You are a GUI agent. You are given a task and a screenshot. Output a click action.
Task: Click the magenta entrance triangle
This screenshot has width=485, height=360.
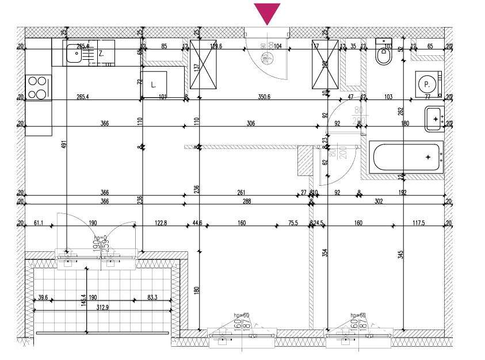267,13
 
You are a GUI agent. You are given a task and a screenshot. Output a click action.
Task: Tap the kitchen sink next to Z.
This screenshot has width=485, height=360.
74,54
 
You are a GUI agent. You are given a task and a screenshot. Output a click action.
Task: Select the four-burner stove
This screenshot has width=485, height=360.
37,88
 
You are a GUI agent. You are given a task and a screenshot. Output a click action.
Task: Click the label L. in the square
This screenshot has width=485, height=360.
154,84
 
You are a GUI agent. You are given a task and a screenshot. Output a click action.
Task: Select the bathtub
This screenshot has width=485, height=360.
407,157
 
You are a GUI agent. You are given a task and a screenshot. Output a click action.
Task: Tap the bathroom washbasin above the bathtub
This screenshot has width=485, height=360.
434,119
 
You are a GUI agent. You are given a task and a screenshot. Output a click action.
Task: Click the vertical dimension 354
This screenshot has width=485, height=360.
324,252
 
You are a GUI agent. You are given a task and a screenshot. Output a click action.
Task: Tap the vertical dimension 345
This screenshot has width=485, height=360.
400,252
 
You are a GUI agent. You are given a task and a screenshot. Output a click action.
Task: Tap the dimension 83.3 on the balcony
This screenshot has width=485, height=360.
152,297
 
